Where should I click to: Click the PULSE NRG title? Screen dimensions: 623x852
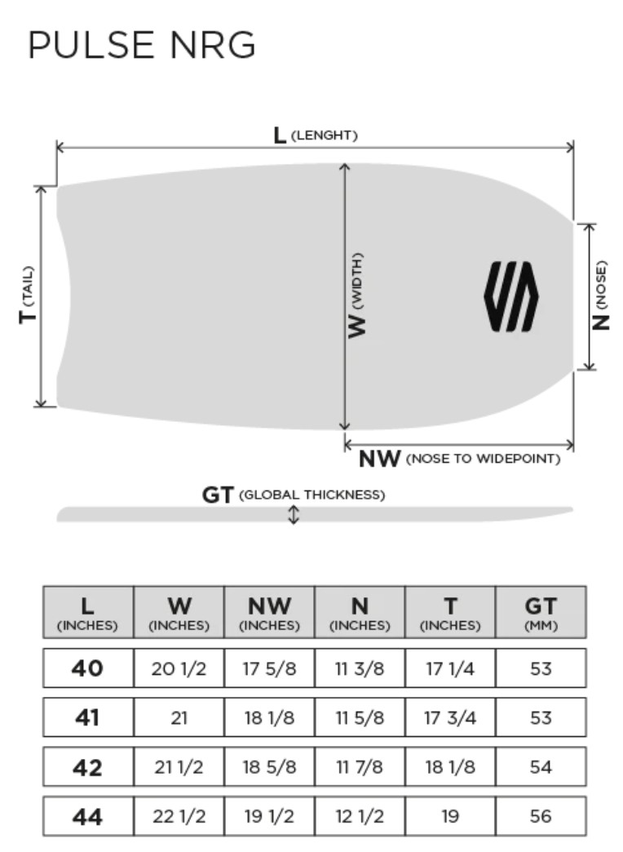click(142, 45)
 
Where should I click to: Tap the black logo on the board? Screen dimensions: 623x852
click(511, 297)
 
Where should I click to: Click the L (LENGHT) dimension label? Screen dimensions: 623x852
click(316, 135)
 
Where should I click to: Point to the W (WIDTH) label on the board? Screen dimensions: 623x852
click(356, 295)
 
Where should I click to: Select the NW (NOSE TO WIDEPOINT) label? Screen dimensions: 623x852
click(460, 459)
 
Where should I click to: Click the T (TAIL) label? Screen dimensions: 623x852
click(28, 295)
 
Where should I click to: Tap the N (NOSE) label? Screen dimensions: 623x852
click(600, 295)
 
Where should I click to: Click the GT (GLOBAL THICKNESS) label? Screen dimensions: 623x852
click(294, 495)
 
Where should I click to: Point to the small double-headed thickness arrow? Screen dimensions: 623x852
click(294, 515)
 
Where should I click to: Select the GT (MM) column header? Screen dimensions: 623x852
click(541, 613)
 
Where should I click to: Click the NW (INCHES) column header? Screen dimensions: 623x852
click(269, 613)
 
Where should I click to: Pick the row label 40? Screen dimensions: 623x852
click(87, 668)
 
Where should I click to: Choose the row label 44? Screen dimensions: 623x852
click(87, 816)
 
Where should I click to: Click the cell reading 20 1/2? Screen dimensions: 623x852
click(179, 668)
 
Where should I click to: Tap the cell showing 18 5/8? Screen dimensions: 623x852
click(269, 766)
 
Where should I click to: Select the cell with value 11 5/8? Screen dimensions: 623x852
click(360, 718)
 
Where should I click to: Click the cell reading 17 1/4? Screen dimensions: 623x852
click(450, 668)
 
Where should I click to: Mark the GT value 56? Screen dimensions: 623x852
click(541, 816)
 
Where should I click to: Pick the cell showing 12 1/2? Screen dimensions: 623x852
click(360, 816)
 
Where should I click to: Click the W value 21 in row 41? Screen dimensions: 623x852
click(179, 718)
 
